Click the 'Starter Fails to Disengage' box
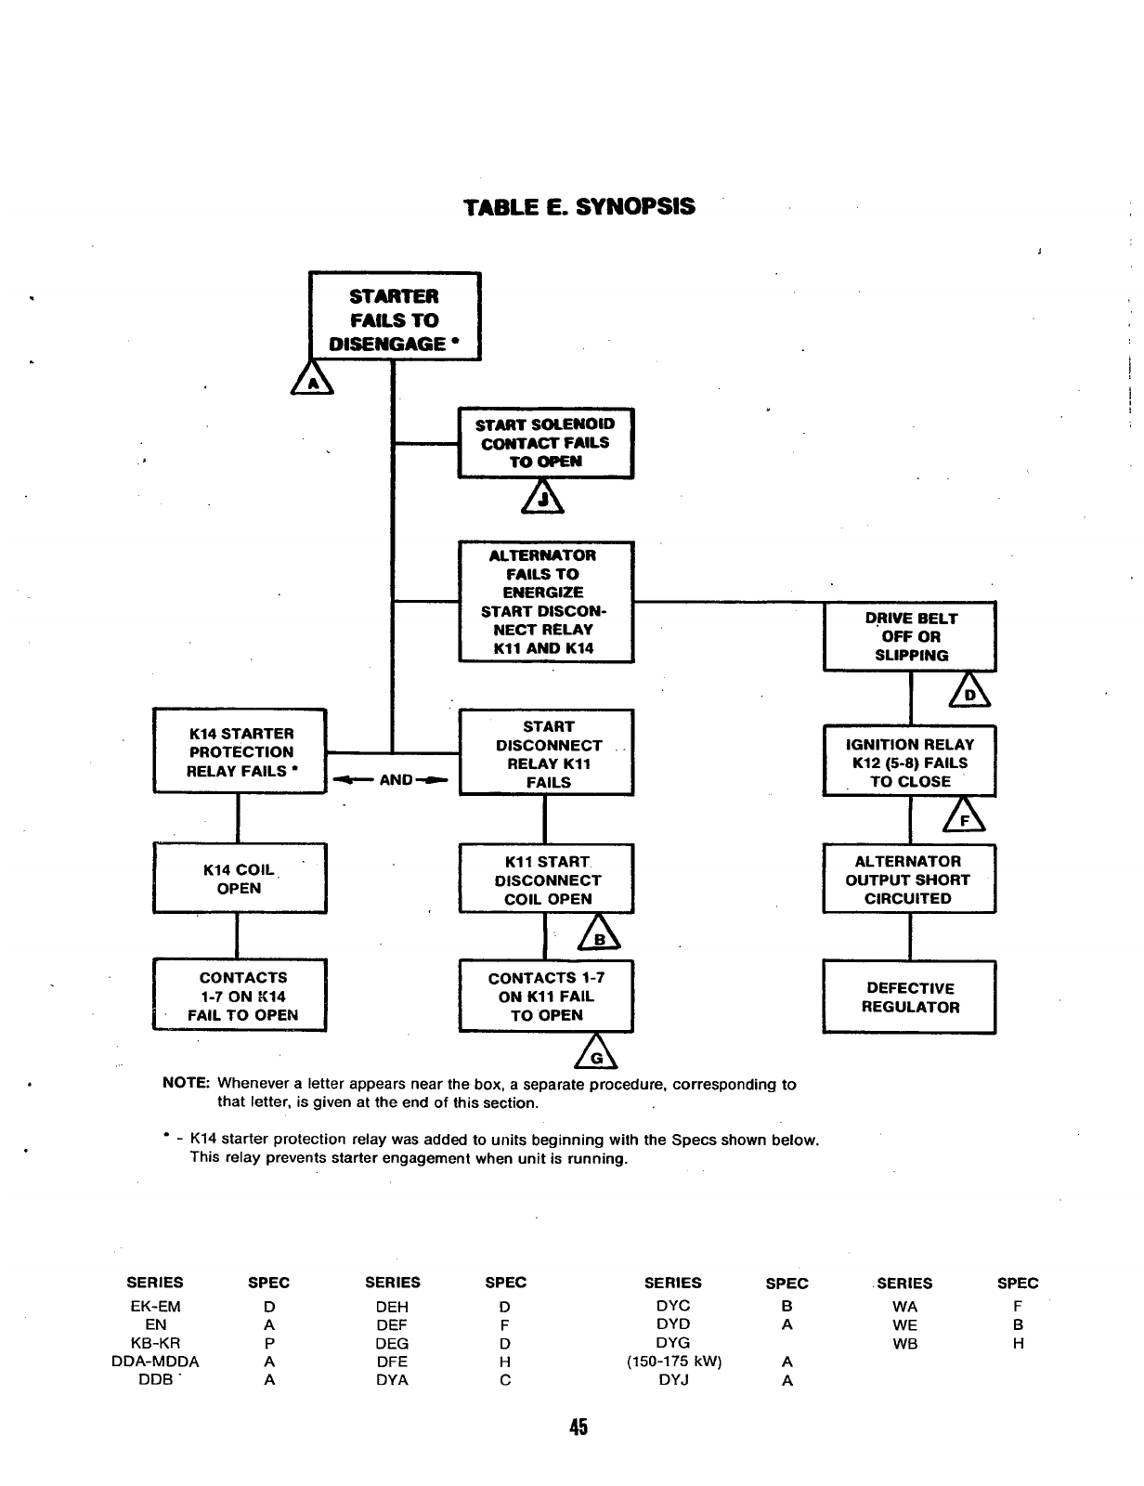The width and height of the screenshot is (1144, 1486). point(395,317)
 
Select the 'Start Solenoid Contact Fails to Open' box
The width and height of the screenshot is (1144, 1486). point(546,443)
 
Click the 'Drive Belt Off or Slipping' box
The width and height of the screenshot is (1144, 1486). point(910,636)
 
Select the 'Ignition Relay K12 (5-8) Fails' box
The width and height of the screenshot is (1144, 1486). point(910,763)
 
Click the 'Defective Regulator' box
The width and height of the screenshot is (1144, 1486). point(910,997)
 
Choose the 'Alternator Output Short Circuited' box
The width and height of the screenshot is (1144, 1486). point(909,880)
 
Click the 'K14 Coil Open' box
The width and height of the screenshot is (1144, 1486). point(240,879)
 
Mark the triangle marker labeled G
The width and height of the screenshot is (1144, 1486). point(598,1055)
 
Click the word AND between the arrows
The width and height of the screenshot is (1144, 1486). point(396,779)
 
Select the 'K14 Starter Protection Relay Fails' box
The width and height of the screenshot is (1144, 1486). point(240,751)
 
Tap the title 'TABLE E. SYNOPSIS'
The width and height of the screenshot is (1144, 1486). point(579,206)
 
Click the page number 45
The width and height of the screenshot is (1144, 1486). point(579,1427)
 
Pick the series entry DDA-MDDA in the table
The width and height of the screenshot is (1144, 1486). point(155,1362)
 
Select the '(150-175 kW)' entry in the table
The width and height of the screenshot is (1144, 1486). point(673,1362)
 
